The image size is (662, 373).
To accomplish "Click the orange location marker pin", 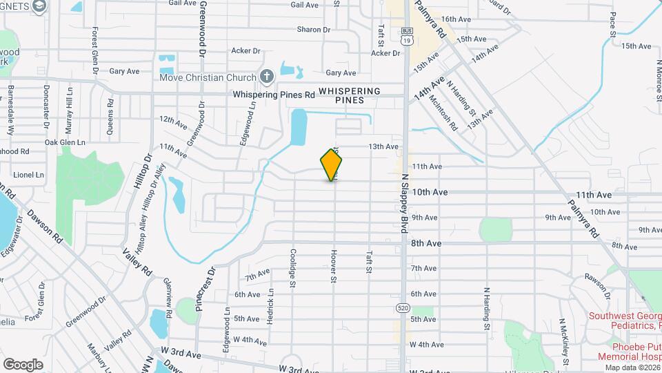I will coord(332,164).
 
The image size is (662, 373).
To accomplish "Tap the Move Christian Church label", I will coord(208,77).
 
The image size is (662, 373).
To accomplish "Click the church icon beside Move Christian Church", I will coord(267,76).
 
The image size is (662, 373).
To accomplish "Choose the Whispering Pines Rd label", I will coord(274,94).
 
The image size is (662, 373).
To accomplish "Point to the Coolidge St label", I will coord(293,268).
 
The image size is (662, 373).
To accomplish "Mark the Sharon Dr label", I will coord(314,30).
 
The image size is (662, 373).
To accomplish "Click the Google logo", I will coord(23,364).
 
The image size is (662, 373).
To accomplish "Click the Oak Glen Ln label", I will coord(65,142).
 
